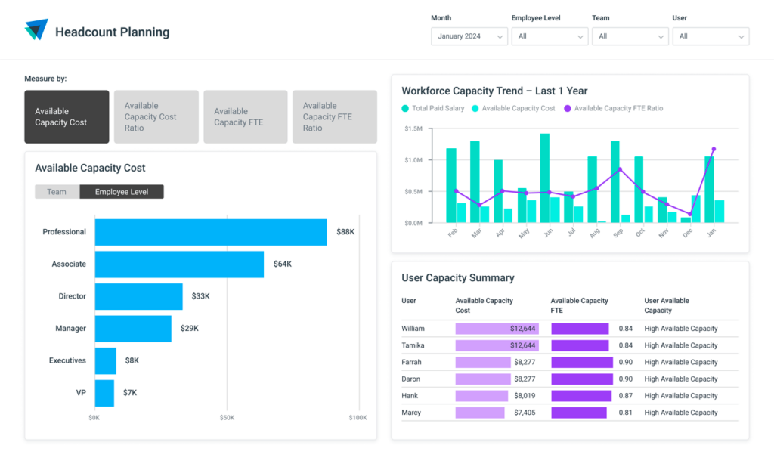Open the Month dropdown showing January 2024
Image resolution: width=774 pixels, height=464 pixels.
[x=469, y=36]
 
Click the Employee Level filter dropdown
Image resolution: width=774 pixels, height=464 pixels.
[x=549, y=36]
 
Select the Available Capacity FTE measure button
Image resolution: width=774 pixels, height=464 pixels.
[x=245, y=117]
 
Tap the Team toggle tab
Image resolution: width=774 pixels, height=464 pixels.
[x=57, y=192]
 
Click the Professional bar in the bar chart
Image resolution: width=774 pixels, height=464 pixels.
[x=210, y=232]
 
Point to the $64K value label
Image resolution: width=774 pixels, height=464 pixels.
[x=283, y=264]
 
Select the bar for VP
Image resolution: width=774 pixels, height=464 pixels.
[x=104, y=393]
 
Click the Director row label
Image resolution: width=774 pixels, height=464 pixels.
[x=72, y=296]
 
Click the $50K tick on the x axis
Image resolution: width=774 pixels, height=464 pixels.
[x=227, y=417]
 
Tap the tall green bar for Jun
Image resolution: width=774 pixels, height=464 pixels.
[x=544, y=178]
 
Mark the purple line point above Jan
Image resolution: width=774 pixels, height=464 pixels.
[x=714, y=150]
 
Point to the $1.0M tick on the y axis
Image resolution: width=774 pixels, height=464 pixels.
[x=413, y=160]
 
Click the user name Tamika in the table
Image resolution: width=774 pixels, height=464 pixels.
[x=413, y=345]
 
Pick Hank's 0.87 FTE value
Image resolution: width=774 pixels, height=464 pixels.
[x=625, y=396]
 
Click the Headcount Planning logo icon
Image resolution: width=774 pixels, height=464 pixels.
[x=36, y=30]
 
